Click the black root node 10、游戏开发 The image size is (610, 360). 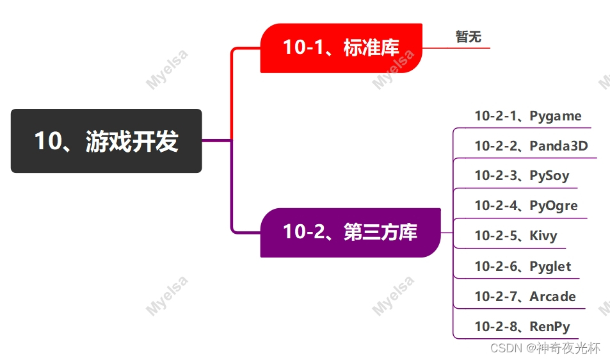click(106, 141)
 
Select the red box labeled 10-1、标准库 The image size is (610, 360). click(341, 48)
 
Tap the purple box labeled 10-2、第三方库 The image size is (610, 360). click(349, 232)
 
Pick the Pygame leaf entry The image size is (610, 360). click(556, 116)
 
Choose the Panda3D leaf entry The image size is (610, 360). click(558, 146)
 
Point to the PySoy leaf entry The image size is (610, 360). click(549, 176)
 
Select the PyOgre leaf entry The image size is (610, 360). click(554, 206)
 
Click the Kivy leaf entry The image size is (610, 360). click(543, 236)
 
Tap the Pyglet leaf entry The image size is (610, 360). click(550, 266)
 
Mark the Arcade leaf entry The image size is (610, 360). click(552, 297)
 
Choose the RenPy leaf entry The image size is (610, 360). click(550, 327)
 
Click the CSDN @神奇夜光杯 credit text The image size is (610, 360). click(545, 348)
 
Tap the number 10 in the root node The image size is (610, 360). click(47, 141)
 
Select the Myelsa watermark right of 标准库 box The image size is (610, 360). click(393, 68)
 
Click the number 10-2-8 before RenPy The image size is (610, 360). click(495, 327)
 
